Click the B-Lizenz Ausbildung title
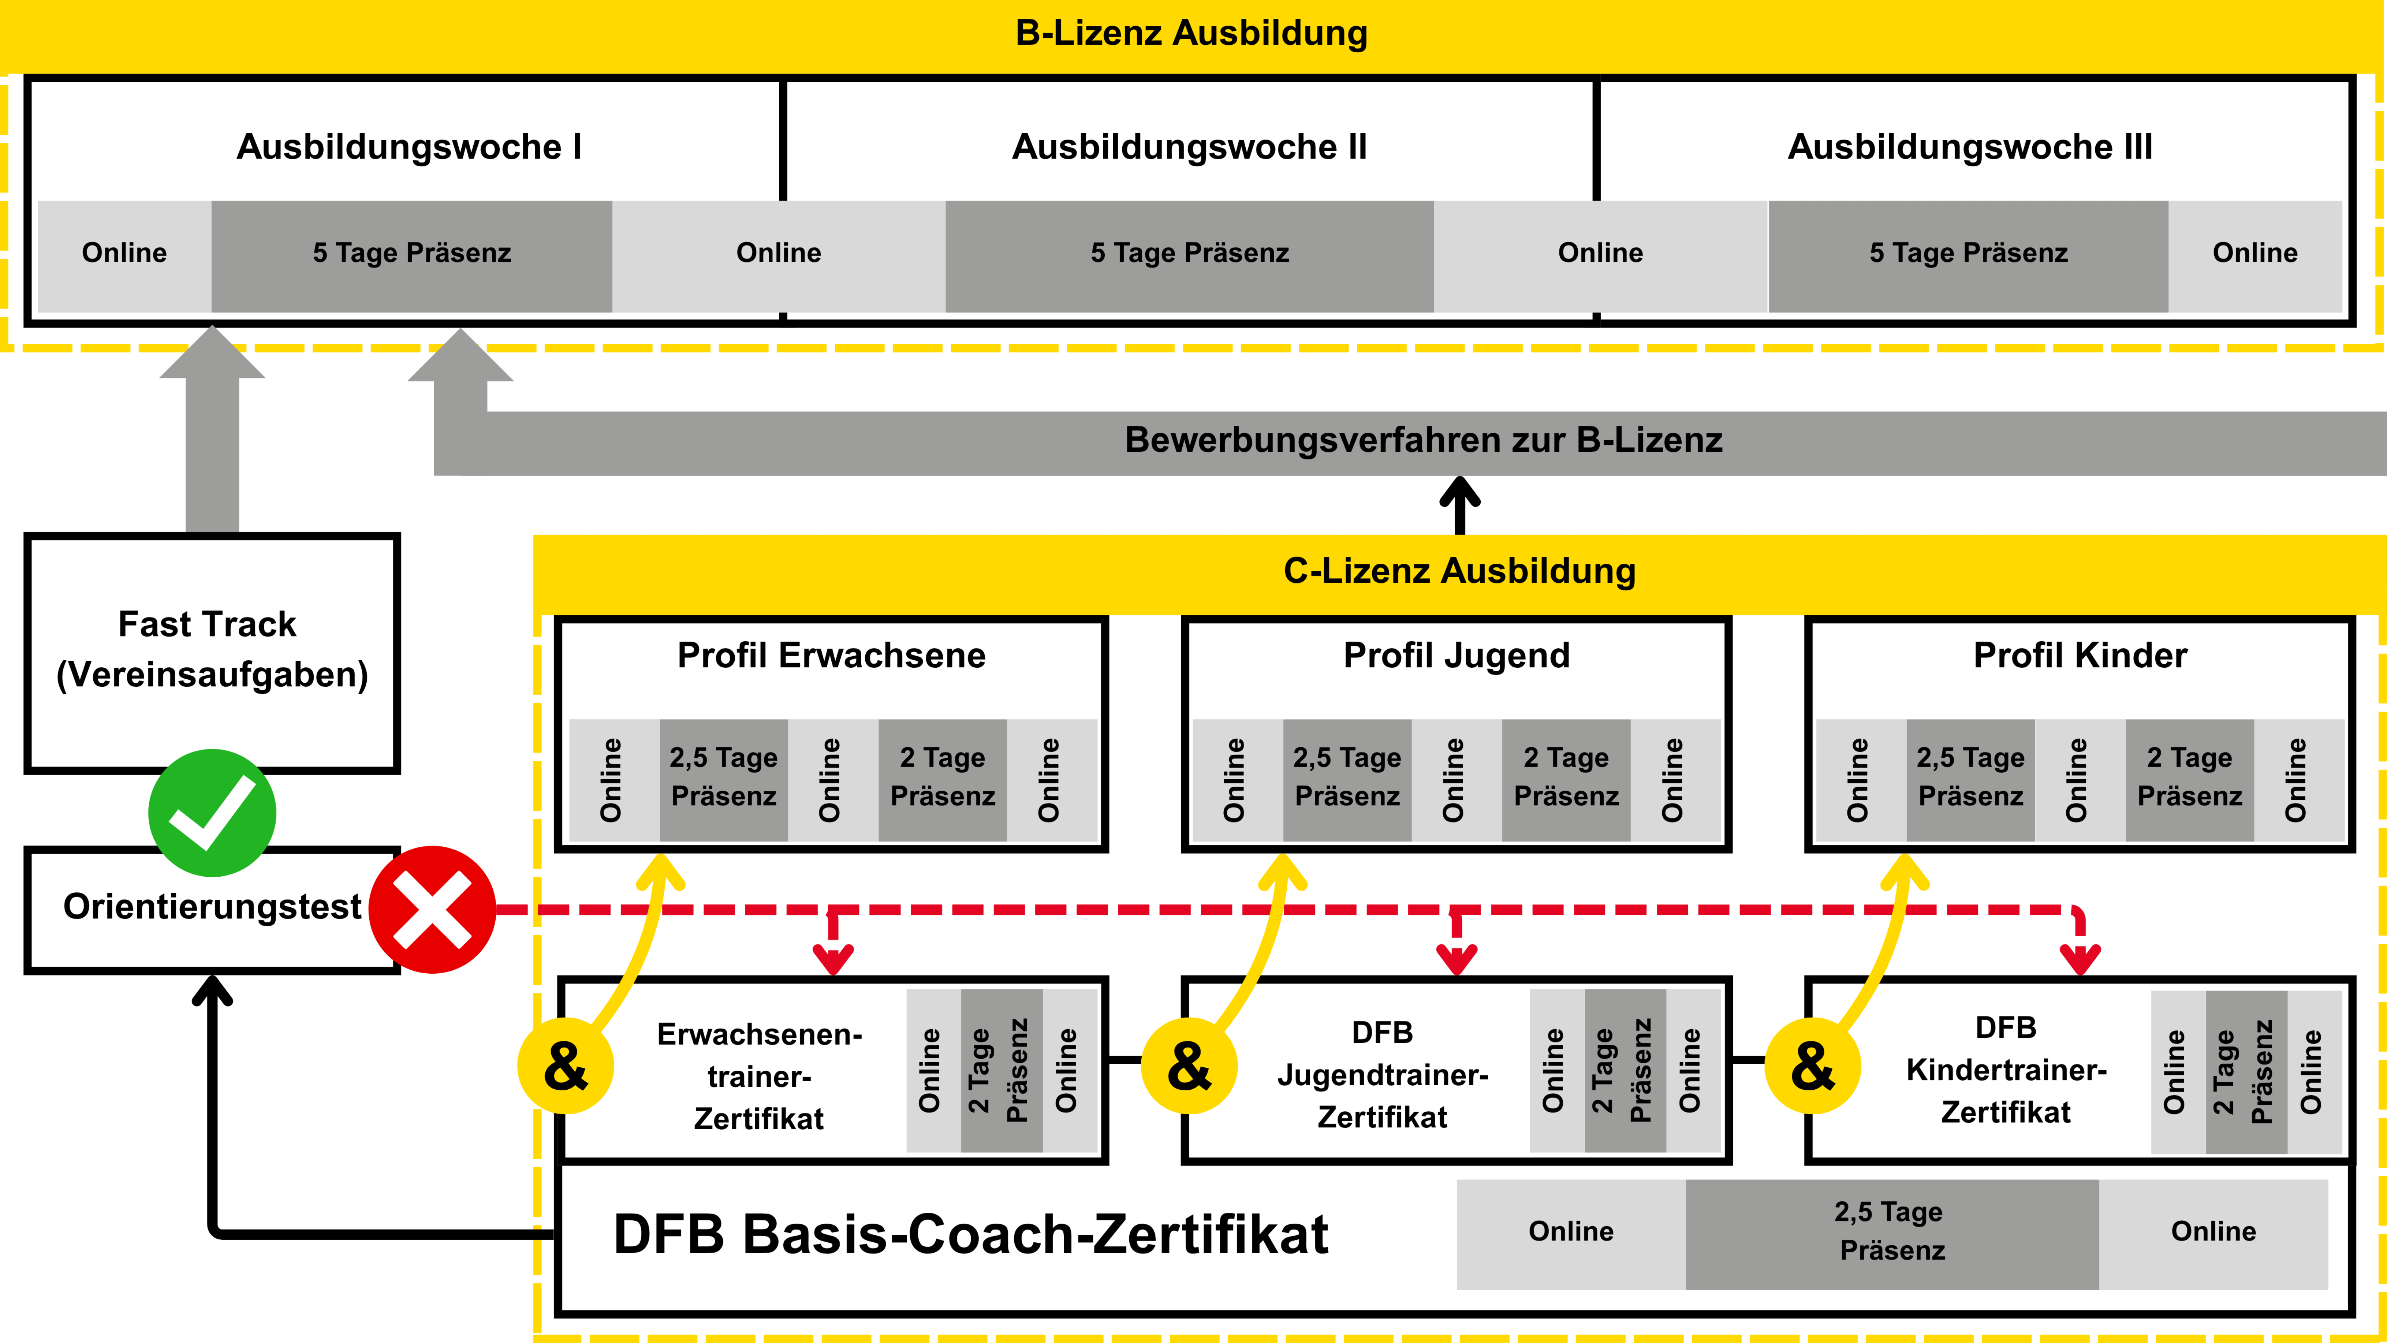tap(1192, 33)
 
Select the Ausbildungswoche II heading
tap(1190, 147)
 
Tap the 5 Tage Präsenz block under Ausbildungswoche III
tap(1968, 253)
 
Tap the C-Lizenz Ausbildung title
tap(1459, 571)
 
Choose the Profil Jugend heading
tap(1457, 655)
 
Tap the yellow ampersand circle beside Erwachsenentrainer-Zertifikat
tap(565, 1066)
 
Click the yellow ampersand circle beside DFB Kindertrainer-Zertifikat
tap(1813, 1066)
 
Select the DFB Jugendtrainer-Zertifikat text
tap(1383, 1074)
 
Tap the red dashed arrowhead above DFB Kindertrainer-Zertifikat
tap(2080, 959)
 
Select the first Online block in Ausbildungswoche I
tap(124, 253)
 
